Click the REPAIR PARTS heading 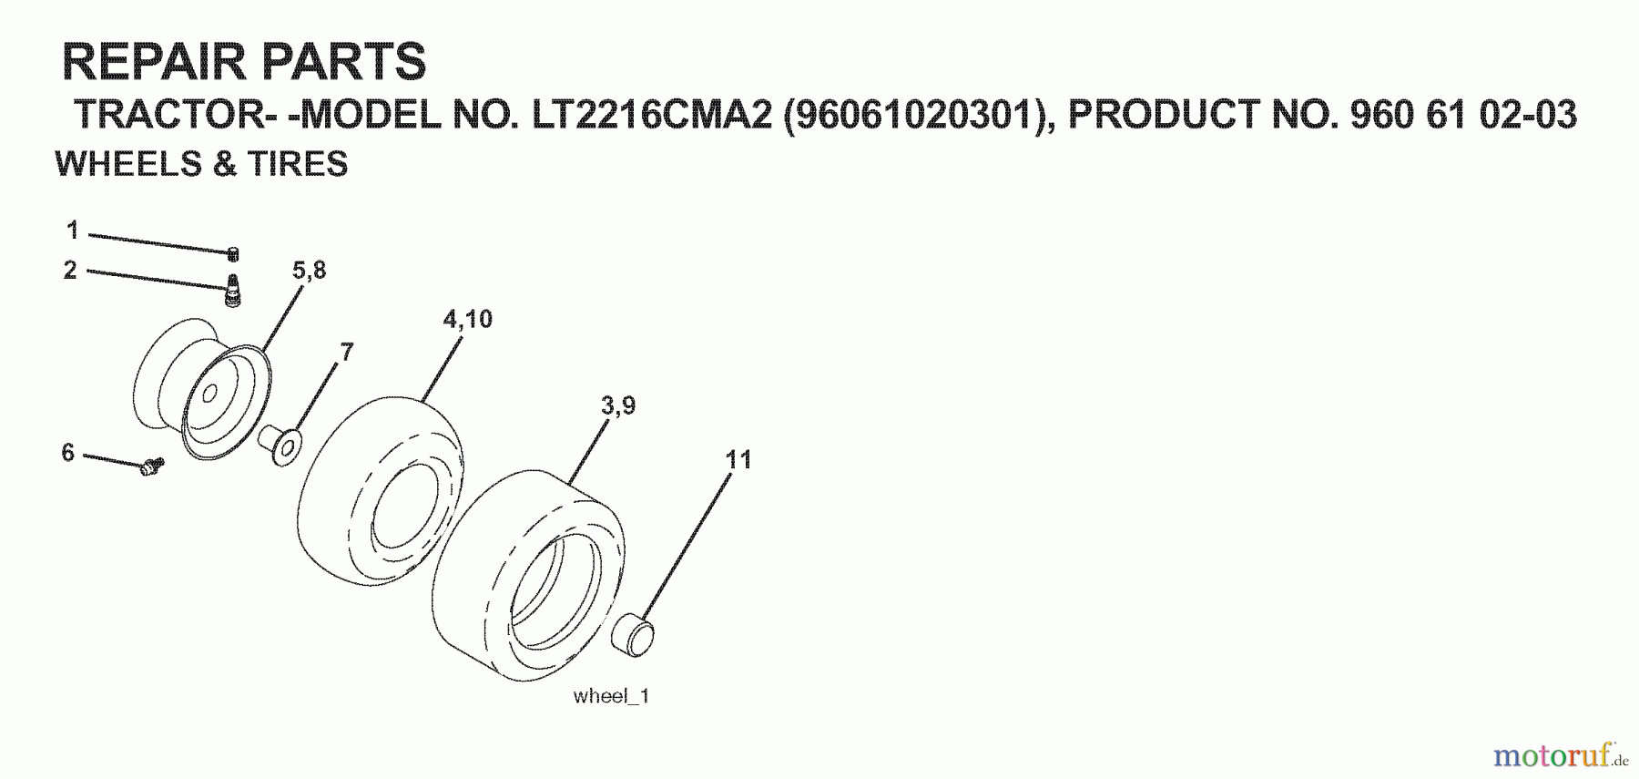click(243, 61)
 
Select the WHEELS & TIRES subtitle click(201, 164)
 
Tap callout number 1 click(73, 231)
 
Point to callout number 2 click(70, 270)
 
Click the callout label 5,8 click(309, 271)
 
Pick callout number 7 click(346, 352)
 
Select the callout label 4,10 click(467, 319)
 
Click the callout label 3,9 click(618, 405)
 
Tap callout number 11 click(738, 459)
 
